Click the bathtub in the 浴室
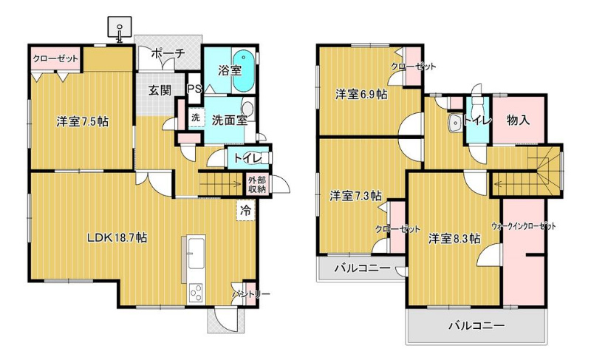242,71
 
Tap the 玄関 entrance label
159,90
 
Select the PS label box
194,89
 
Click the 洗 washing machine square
196,118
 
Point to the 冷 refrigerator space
246,210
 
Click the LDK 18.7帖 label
117,238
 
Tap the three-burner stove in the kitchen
196,293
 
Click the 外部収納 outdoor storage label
257,185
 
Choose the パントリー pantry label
251,293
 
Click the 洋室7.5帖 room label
83,121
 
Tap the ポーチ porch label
168,53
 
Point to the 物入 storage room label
519,120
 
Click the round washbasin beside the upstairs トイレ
456,123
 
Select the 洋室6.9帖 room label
361,94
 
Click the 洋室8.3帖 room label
454,239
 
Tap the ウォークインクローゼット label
524,226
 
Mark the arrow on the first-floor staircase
220,184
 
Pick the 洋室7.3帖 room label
355,196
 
